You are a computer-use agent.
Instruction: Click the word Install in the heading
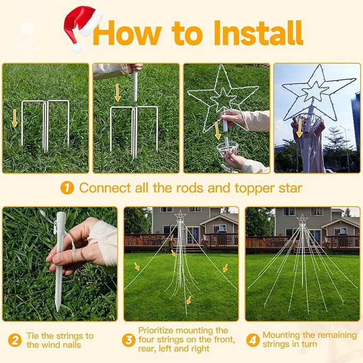(x=258, y=33)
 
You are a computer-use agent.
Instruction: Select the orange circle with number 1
(x=67, y=188)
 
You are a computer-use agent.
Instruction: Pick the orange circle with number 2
(x=14, y=340)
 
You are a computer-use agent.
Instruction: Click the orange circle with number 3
(x=128, y=340)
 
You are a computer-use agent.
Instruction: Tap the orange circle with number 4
(x=252, y=340)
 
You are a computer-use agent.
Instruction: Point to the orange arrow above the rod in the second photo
(x=117, y=92)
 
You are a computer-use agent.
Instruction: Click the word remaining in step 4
(x=336, y=335)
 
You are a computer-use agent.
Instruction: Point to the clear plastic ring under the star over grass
(x=227, y=149)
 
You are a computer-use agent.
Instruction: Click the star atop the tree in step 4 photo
(x=303, y=219)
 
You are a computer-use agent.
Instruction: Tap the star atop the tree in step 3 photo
(x=180, y=215)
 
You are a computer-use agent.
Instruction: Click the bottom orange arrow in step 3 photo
(x=187, y=300)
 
